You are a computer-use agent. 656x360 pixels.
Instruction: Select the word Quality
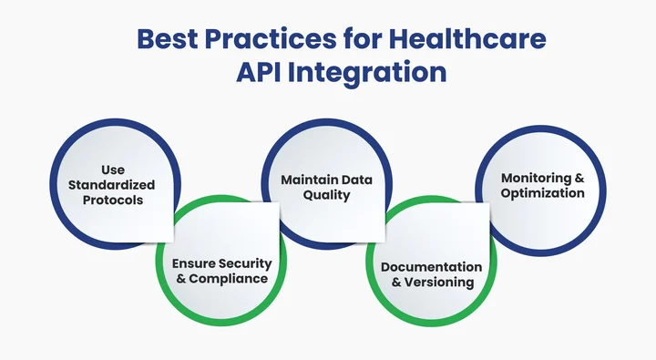coord(325,194)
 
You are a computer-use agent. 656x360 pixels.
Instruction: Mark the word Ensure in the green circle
coord(193,263)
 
